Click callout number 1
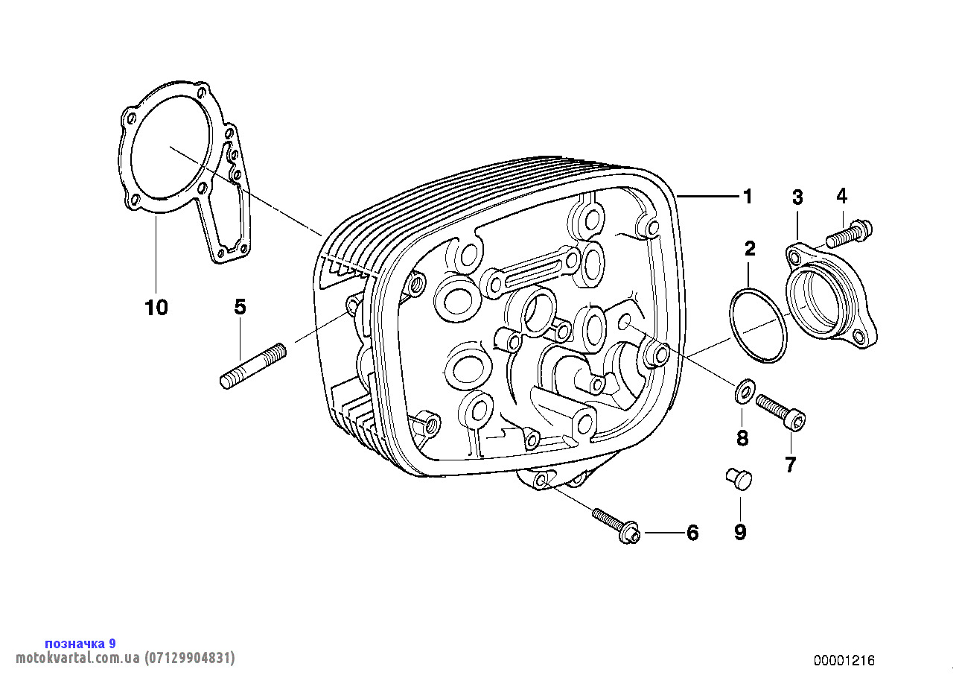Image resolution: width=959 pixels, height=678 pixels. coord(748,197)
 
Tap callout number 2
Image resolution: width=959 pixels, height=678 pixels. coord(750,249)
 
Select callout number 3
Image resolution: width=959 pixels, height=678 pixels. coord(797,197)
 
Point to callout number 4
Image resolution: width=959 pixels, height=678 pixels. coord(841,196)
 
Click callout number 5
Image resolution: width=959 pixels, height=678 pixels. coord(240,307)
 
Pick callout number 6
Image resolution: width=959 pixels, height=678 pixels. coord(692,533)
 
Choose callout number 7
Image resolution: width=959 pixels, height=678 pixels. coord(790,465)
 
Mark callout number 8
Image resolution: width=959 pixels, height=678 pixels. coord(742,438)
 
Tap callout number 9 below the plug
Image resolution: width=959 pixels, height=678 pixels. coord(740,533)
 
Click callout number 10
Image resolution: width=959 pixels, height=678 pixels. coord(156,308)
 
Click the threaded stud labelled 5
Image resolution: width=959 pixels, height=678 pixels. coord(253,367)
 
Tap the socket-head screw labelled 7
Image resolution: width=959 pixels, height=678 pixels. coord(780,412)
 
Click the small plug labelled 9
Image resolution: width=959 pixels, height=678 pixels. coord(739,479)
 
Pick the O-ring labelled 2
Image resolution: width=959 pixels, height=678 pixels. coord(758,326)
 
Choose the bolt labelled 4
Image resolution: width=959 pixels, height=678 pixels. coord(849,233)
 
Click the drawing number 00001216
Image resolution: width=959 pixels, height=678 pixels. coord(844,660)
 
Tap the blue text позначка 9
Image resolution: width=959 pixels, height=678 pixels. coord(80,644)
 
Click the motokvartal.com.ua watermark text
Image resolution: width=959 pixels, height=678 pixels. coord(125,658)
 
